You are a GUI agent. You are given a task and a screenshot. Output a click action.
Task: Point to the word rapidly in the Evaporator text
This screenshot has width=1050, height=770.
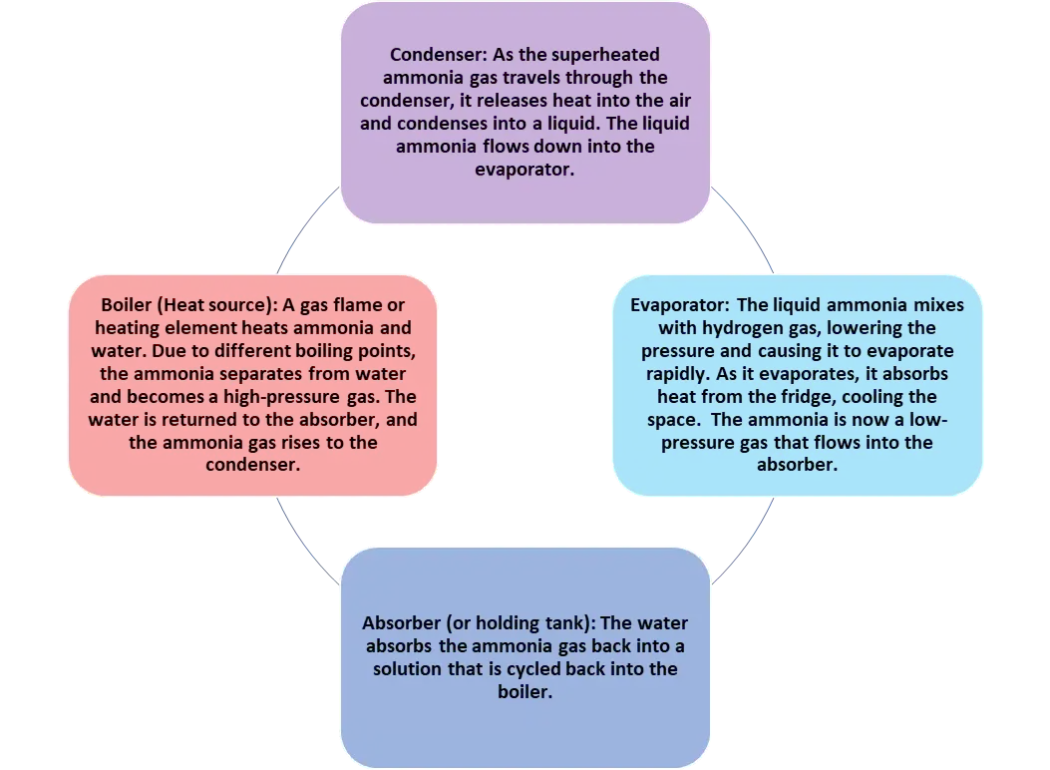coord(670,374)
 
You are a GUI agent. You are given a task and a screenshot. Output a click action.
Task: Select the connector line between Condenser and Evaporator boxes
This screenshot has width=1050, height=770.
coord(743,227)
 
